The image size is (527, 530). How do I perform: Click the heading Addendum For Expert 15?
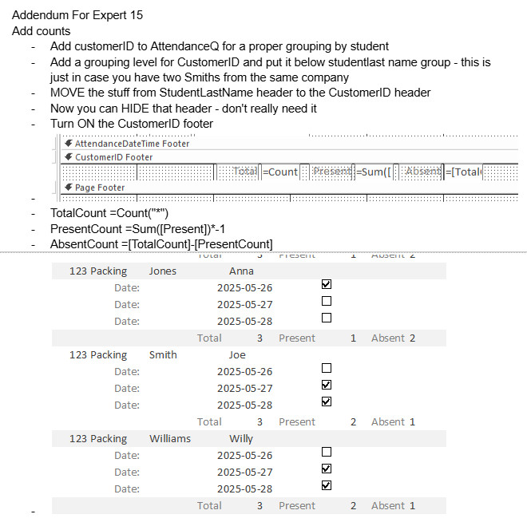click(77, 15)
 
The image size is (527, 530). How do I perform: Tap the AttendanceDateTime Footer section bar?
click(133, 144)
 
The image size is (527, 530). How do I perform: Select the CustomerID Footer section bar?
click(114, 157)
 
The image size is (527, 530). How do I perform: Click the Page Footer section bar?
click(100, 188)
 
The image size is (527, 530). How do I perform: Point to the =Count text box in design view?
click(280, 172)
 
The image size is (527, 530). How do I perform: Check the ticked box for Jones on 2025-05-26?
click(326, 284)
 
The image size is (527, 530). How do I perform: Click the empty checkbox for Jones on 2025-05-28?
click(326, 318)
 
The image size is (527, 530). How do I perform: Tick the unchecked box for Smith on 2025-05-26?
click(326, 368)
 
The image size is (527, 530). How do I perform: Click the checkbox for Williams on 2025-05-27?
click(326, 469)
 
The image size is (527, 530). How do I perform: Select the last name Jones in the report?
click(162, 271)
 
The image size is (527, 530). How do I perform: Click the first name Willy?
click(240, 438)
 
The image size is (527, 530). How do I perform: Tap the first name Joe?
click(237, 354)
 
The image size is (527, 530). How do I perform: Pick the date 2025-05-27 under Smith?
click(244, 388)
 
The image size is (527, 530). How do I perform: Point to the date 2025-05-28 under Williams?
click(244, 488)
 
